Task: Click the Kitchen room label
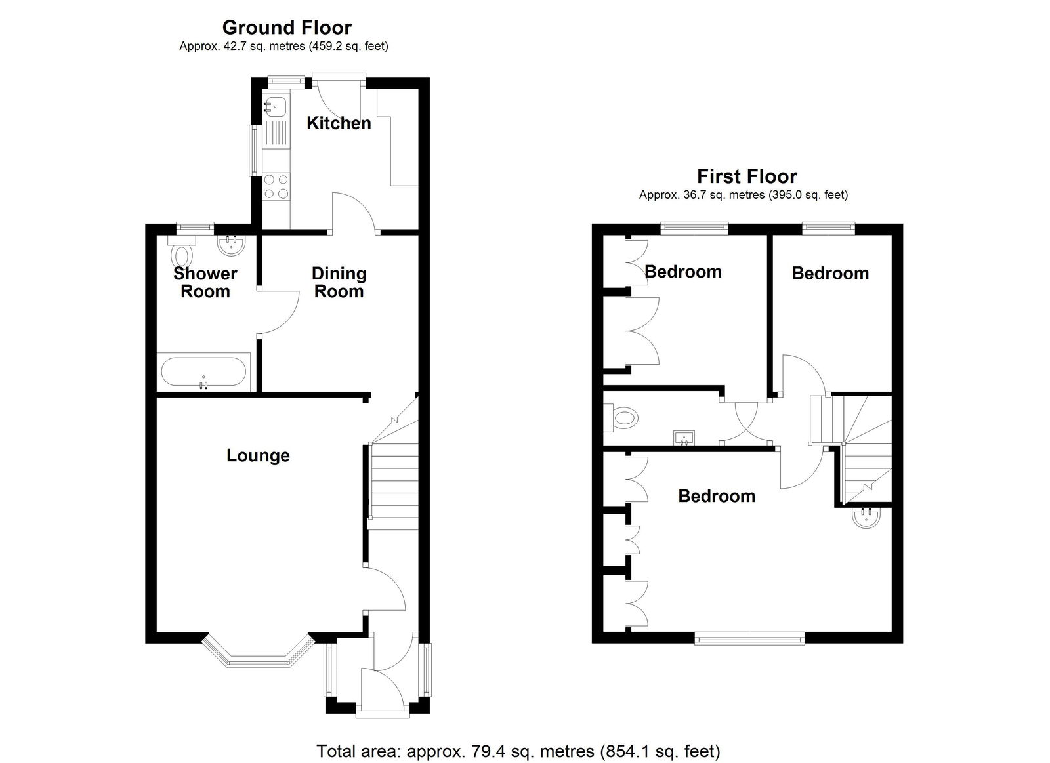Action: pos(339,123)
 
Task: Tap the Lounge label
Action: pos(258,455)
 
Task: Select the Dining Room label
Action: pos(339,282)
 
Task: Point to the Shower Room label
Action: pos(205,282)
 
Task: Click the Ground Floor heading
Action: pos(287,28)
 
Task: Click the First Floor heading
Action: pos(747,176)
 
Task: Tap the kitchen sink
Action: pos(276,106)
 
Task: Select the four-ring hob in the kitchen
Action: pos(276,186)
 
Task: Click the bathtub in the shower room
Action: pos(203,372)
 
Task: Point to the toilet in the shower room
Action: pos(181,251)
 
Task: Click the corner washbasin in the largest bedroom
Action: pos(867,518)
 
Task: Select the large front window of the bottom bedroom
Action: pos(749,638)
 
